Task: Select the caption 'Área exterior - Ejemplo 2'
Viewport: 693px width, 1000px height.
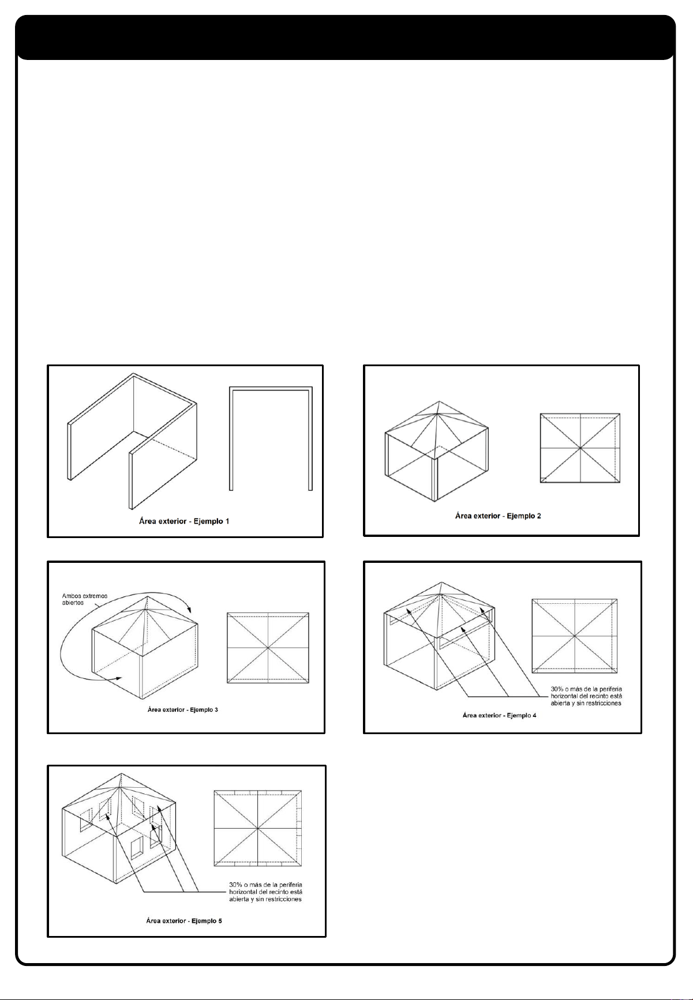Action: (498, 516)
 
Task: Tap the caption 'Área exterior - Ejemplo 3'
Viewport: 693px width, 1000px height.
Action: (182, 709)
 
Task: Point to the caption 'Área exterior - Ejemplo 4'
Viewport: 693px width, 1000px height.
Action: (499, 715)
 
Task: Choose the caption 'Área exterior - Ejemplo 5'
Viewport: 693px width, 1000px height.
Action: (183, 921)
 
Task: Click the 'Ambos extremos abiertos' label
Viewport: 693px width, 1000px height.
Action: (85, 599)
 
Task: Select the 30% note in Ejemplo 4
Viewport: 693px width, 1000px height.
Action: (586, 696)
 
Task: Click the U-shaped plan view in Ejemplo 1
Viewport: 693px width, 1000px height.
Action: (271, 389)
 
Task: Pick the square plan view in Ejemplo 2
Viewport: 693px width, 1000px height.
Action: (580, 448)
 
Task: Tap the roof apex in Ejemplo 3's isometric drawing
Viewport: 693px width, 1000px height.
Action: (148, 596)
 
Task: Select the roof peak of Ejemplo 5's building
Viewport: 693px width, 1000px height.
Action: (121, 774)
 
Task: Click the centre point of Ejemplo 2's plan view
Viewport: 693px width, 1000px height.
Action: (580, 448)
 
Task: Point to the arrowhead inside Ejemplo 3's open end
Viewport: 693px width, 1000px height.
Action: (118, 679)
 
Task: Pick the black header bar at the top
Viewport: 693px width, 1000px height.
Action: (346, 37)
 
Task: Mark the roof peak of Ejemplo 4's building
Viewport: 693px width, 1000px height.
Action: (441, 582)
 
